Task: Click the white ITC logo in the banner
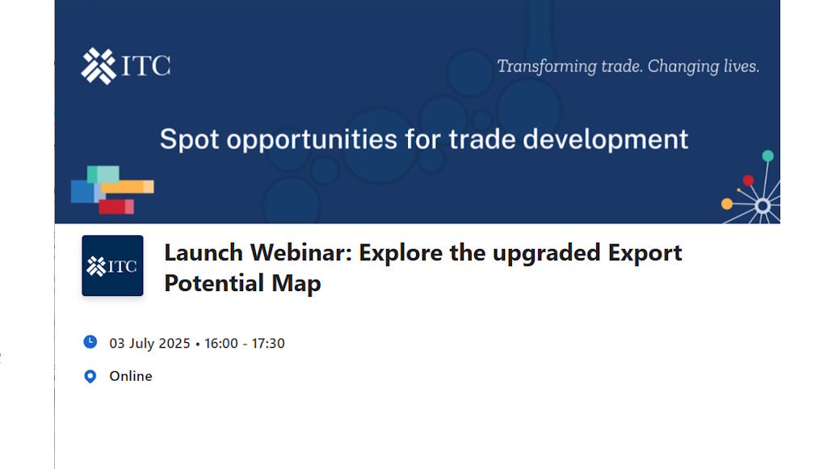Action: (126, 66)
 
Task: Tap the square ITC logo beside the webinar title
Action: (112, 266)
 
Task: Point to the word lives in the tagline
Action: (741, 66)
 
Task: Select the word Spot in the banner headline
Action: (189, 140)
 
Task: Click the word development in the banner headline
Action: (605, 140)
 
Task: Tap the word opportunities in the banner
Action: (312, 140)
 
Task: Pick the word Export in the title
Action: (645, 253)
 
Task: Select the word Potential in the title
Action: (214, 283)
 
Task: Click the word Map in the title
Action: (296, 284)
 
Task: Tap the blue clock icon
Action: (90, 342)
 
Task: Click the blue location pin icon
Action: (90, 376)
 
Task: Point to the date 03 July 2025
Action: (149, 343)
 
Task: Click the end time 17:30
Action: (268, 343)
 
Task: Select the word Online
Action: (131, 376)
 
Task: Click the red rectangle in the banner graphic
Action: (116, 206)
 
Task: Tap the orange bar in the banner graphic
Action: (128, 187)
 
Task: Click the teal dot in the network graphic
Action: (768, 156)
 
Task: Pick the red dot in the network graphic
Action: (749, 180)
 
